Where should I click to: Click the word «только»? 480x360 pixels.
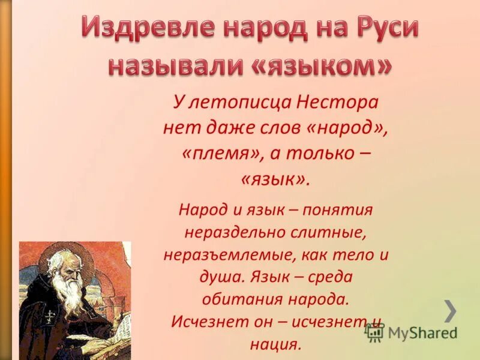pos(320,152)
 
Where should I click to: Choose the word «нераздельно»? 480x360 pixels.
pos(229,232)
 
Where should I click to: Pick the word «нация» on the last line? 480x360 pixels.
pos(276,344)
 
